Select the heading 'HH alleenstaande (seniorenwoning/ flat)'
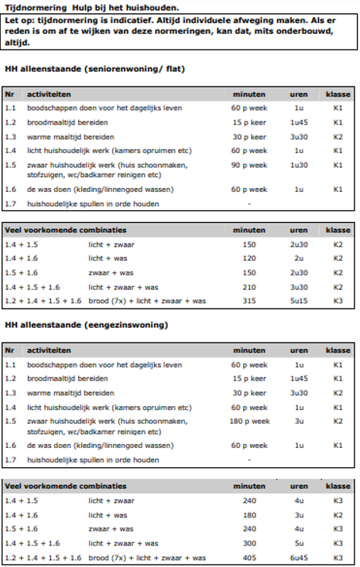pyautogui.click(x=94, y=69)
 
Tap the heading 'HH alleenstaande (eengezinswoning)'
pyautogui.click(x=86, y=325)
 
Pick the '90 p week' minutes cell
pyautogui.click(x=249, y=165)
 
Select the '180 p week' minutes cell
pyautogui.click(x=249, y=421)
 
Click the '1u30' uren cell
pyautogui.click(x=298, y=165)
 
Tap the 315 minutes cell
pyautogui.click(x=249, y=301)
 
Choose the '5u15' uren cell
pyautogui.click(x=298, y=301)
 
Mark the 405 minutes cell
pyautogui.click(x=249, y=557)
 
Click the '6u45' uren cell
pyautogui.click(x=298, y=557)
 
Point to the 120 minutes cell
pyautogui.click(x=249, y=258)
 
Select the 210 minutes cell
pyautogui.click(x=249, y=287)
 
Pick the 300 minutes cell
pyautogui.click(x=249, y=543)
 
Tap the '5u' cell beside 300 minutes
pyautogui.click(x=298, y=543)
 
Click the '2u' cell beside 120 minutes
pyautogui.click(x=298, y=258)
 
